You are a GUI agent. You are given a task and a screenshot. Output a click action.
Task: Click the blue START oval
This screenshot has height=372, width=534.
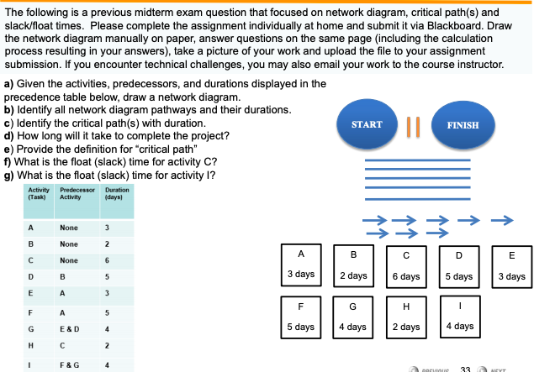[367, 125]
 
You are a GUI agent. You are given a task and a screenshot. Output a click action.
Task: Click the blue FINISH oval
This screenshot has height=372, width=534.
[463, 125]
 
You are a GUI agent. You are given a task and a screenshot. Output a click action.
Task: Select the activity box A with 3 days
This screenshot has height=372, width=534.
[301, 263]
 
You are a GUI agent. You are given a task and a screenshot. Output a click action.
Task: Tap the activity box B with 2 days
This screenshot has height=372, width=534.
[353, 263]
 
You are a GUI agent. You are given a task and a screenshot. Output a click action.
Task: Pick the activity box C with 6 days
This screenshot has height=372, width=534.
[406, 263]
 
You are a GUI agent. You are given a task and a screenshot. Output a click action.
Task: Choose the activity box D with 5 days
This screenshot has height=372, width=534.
[458, 263]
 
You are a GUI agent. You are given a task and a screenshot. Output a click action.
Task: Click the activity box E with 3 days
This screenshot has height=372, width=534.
[511, 263]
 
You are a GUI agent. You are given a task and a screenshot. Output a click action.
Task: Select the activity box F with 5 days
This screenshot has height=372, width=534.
[301, 315]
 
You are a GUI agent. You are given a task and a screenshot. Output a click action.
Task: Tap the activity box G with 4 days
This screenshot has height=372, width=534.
[353, 315]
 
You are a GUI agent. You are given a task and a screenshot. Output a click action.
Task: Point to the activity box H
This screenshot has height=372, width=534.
[406, 315]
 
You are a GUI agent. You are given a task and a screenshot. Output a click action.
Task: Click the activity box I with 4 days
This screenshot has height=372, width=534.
[459, 315]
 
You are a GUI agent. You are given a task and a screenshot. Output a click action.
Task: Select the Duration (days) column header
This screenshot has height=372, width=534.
[117, 193]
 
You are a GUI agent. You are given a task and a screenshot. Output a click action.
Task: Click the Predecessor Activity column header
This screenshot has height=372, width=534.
[76, 193]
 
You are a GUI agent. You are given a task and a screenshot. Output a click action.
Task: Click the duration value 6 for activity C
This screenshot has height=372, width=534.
[107, 260]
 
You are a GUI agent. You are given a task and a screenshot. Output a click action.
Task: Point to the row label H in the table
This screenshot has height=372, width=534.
[31, 345]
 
